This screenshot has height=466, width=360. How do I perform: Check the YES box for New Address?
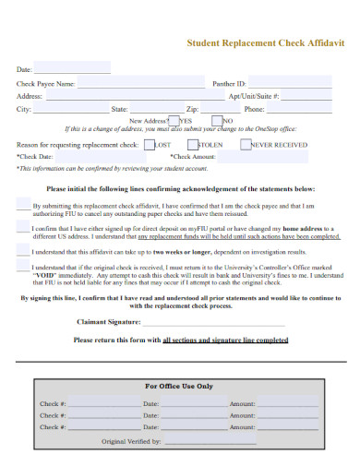(174, 120)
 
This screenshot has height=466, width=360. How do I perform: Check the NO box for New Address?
(217, 120)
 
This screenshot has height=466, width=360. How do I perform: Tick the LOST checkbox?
(150, 145)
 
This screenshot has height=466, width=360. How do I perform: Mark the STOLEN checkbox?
(193, 145)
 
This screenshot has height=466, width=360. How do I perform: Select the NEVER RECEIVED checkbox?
(246, 145)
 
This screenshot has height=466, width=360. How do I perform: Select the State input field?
(153, 109)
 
